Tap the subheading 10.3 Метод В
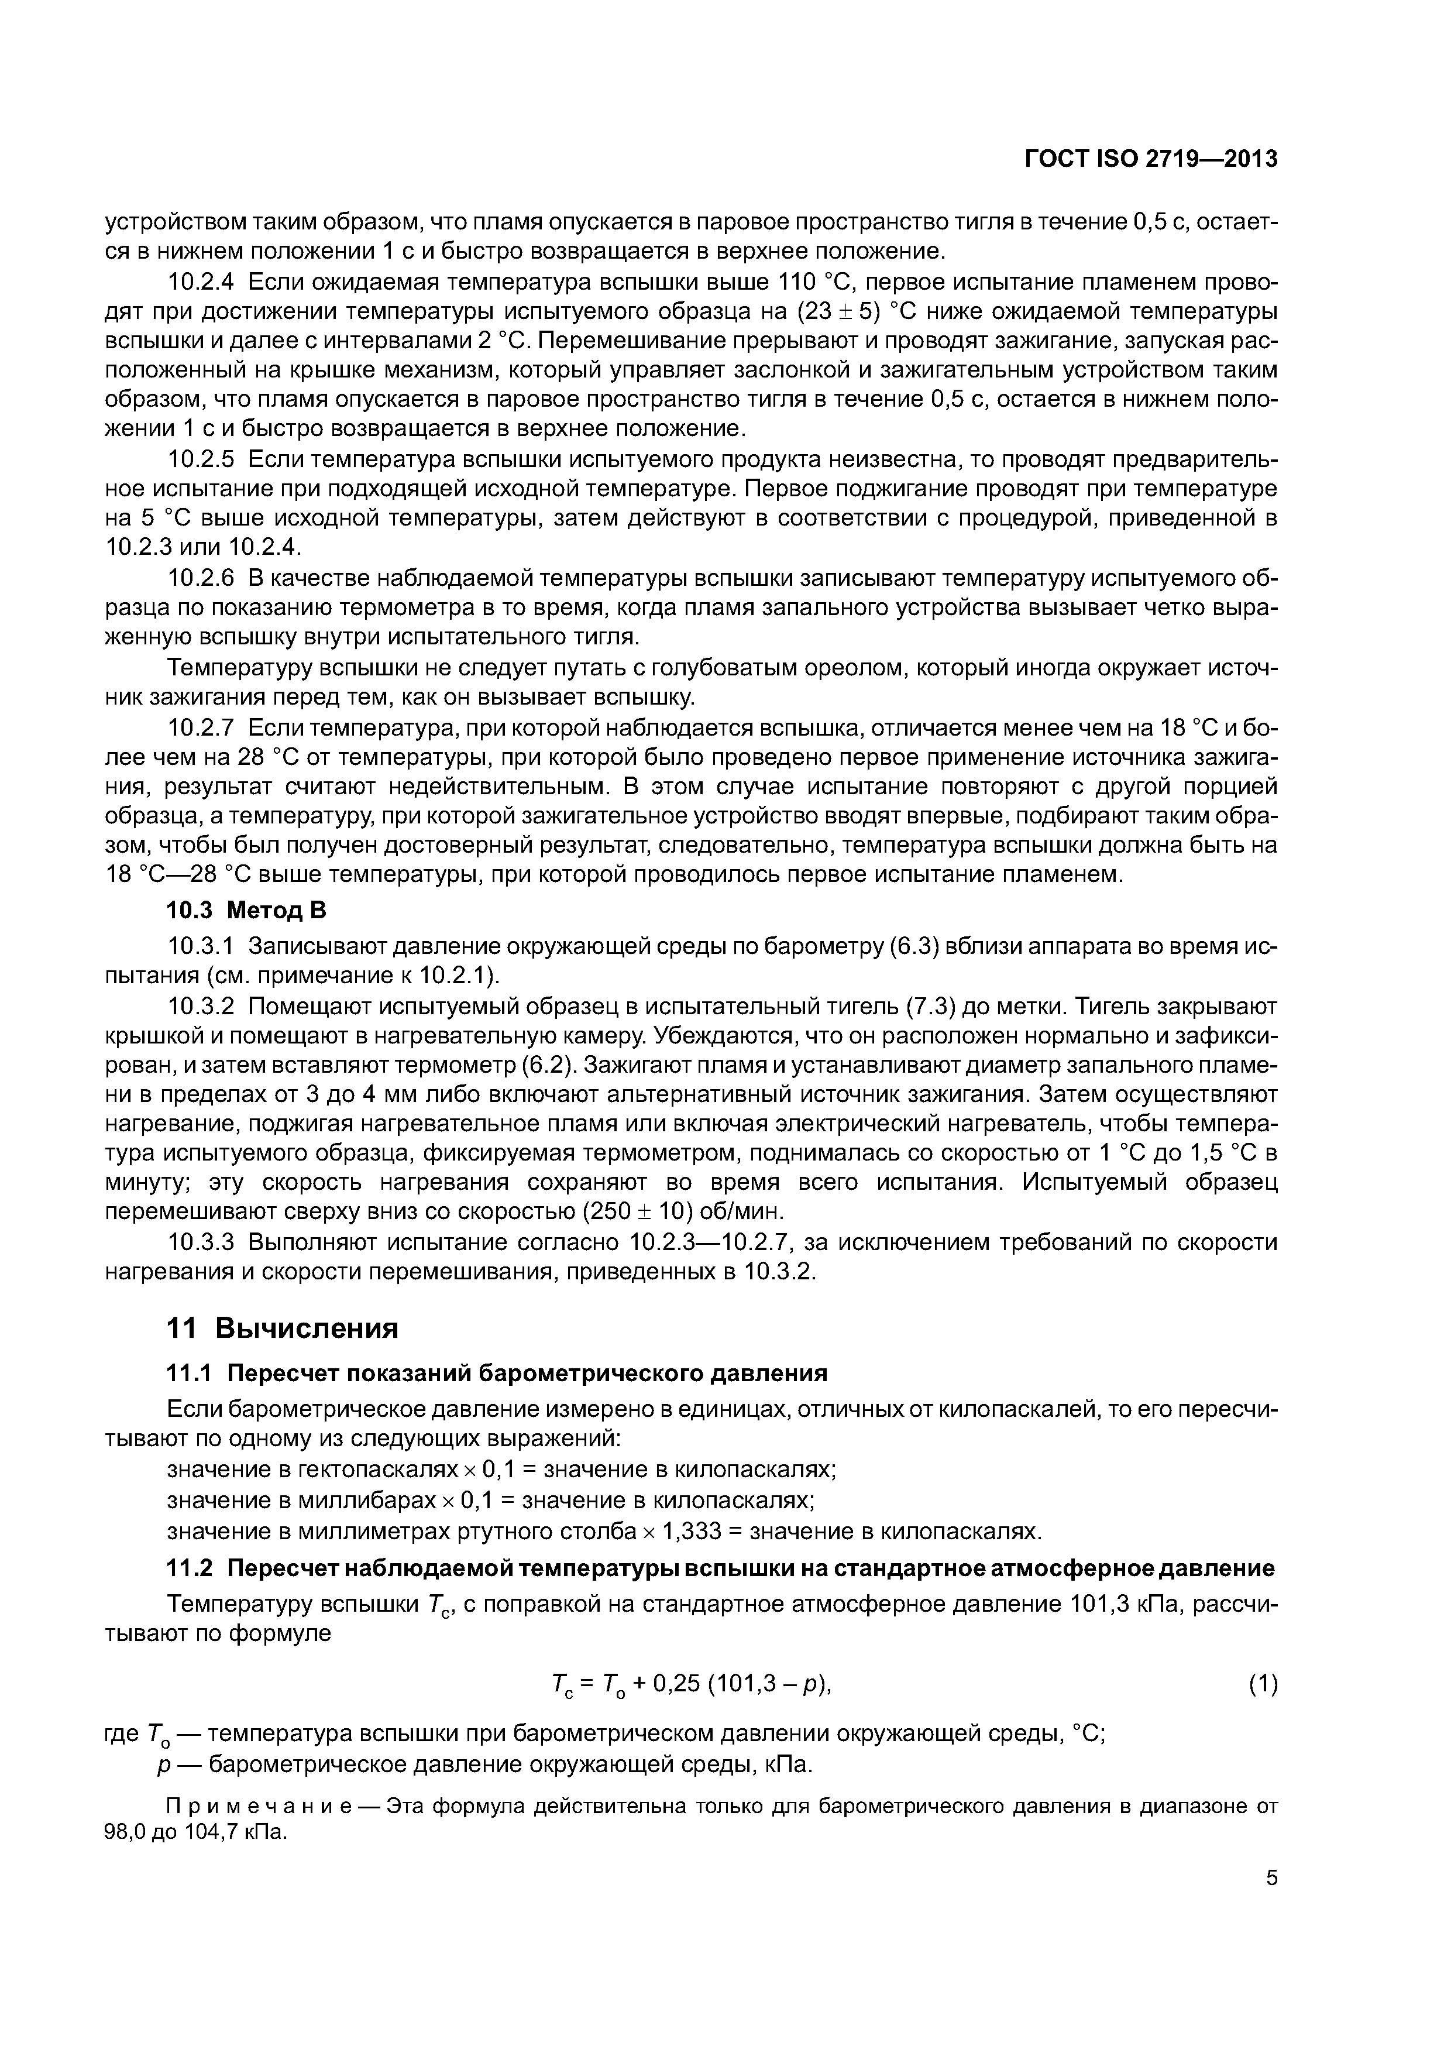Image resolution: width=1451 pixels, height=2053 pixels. click(247, 910)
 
